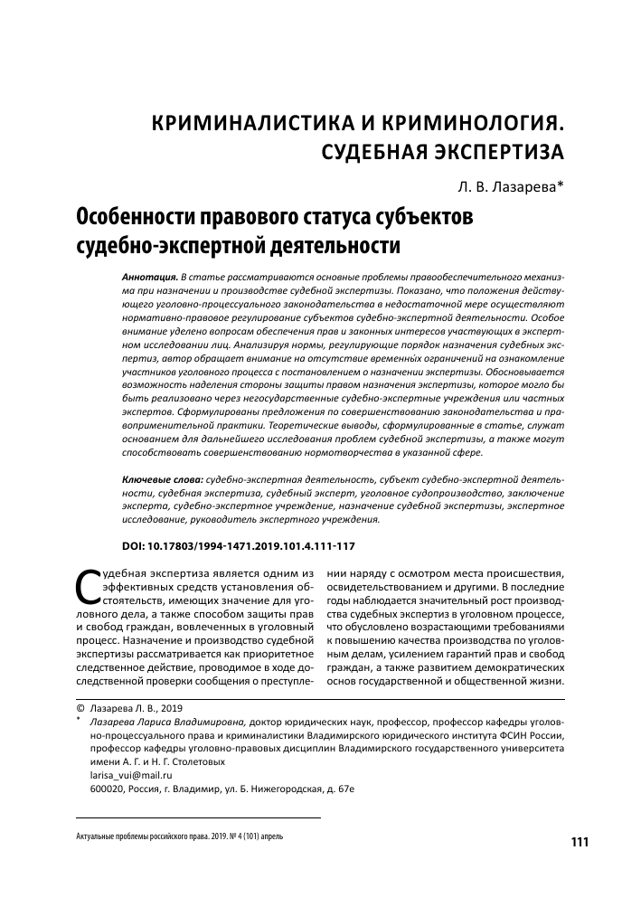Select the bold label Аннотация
[x=149, y=273]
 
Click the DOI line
[x=238, y=547]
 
